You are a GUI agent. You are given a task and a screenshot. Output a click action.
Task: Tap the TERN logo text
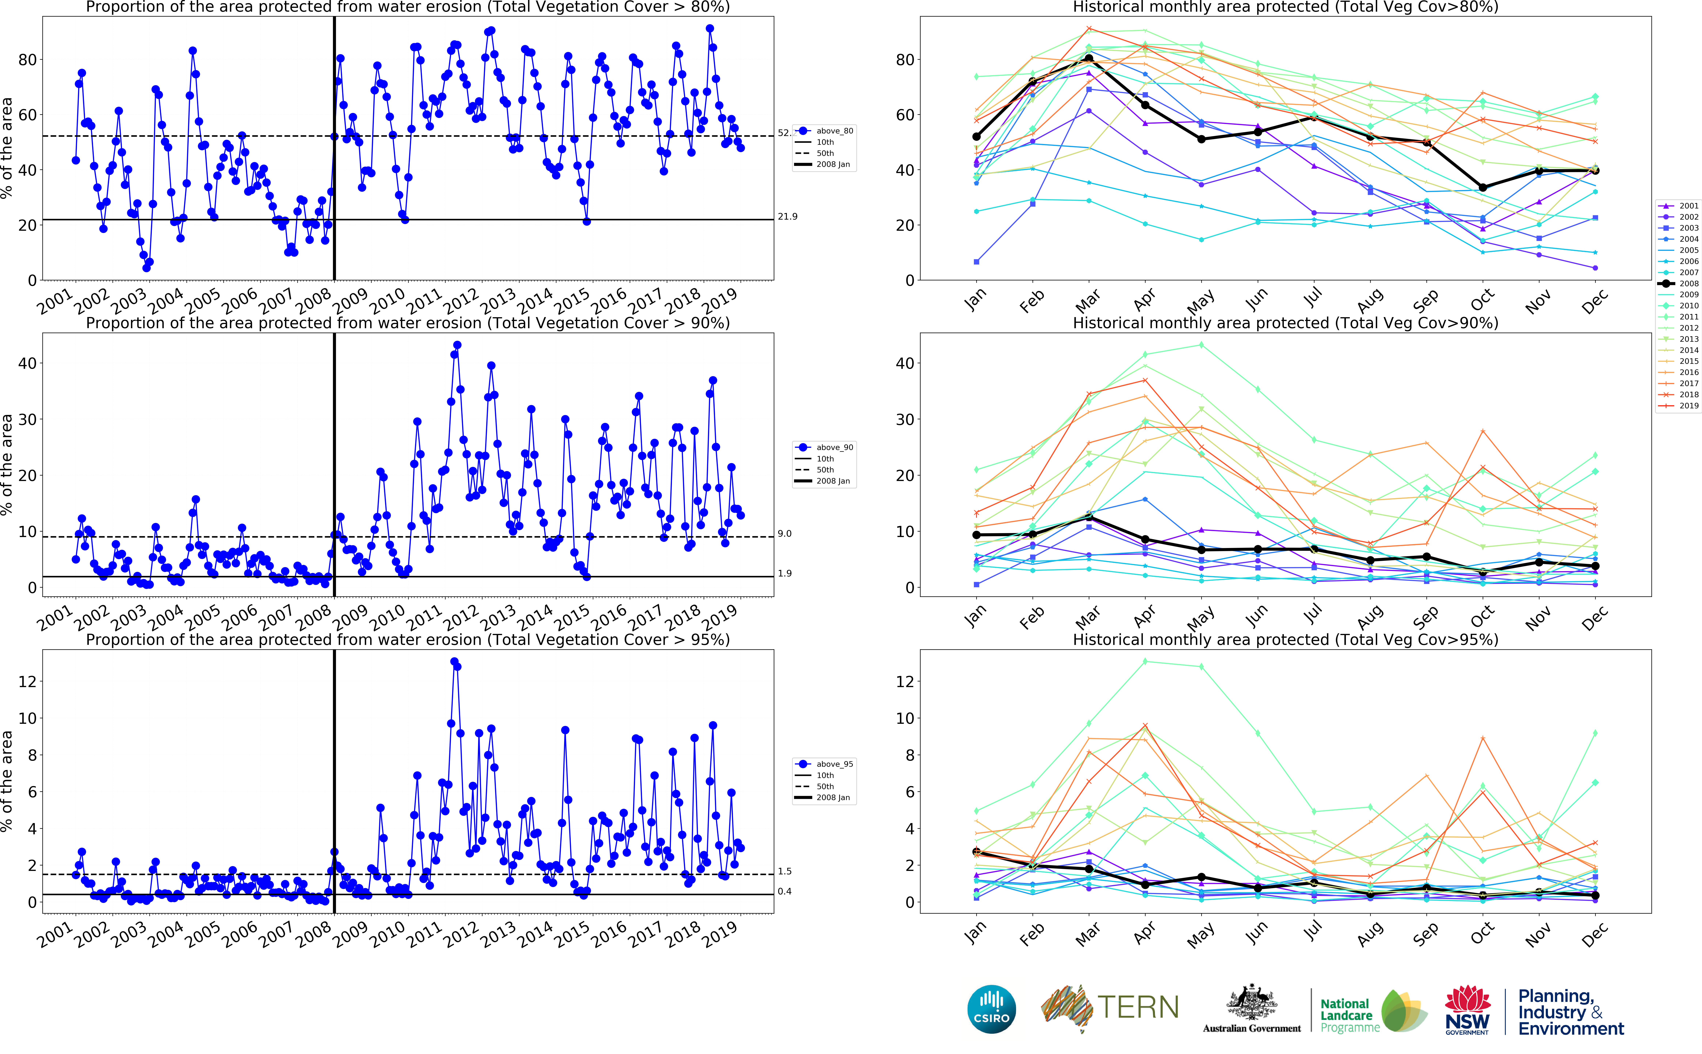click(x=1138, y=1008)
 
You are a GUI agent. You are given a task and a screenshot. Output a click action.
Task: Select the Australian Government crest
click(x=1252, y=1004)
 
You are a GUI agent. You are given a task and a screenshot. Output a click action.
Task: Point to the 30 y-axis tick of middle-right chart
click(x=904, y=420)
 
